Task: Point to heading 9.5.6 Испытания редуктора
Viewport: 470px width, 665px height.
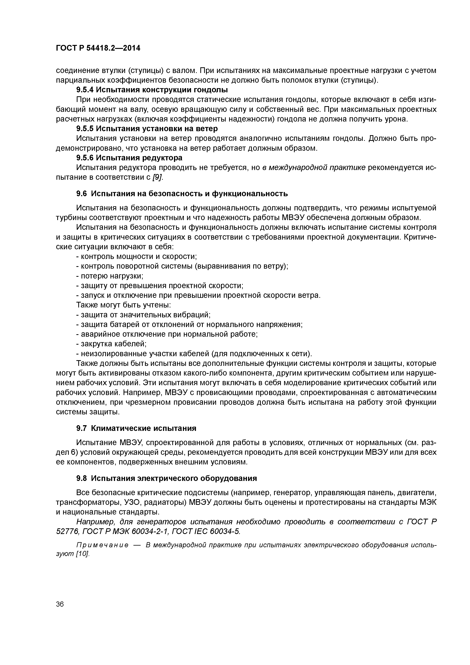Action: point(129,158)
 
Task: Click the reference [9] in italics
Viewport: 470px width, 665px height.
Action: point(158,177)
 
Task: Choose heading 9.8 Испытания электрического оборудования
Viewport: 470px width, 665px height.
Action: point(167,478)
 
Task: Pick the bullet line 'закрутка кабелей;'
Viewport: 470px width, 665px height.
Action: point(111,344)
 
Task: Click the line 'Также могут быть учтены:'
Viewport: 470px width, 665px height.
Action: point(124,305)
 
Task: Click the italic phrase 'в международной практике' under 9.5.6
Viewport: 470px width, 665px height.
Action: point(314,168)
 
